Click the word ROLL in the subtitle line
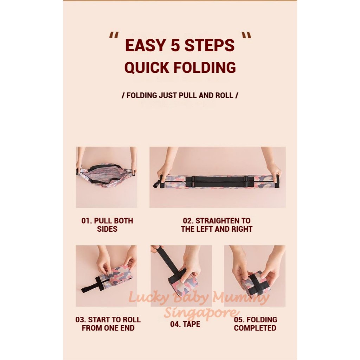[223, 95]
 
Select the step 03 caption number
[81, 320]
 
